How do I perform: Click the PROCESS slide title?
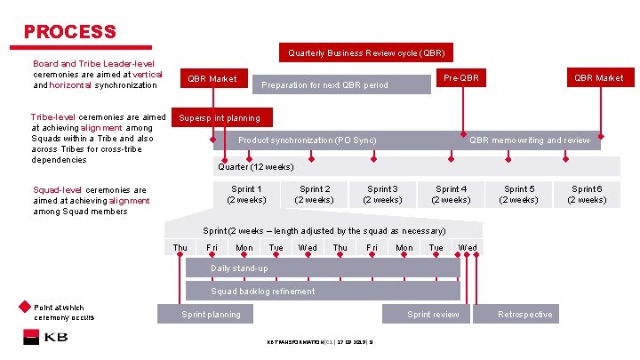[x=70, y=32]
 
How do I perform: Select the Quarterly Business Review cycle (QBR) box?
[x=366, y=52]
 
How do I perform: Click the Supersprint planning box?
[x=220, y=117]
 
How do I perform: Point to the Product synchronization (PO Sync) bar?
[x=308, y=140]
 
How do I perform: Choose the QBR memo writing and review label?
[x=529, y=140]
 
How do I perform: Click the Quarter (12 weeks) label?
[x=256, y=166]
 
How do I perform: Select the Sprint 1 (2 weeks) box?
[x=246, y=194]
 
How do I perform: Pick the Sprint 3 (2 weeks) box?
[x=382, y=194]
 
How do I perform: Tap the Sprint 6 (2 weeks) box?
[x=587, y=194]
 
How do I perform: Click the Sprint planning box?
[x=211, y=314]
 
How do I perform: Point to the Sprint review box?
[x=433, y=314]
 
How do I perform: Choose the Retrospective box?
[x=524, y=314]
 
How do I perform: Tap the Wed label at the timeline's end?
[x=468, y=248]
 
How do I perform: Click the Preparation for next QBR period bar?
[x=324, y=85]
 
